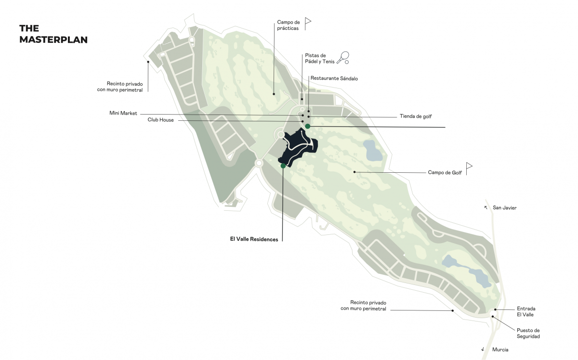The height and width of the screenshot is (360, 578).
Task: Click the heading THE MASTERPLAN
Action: pos(53,34)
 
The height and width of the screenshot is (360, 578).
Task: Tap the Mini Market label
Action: pos(123,113)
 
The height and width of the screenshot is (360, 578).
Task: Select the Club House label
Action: pos(160,120)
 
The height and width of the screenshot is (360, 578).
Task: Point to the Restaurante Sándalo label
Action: pos(334,78)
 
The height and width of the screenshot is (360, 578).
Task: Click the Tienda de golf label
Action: pos(416,116)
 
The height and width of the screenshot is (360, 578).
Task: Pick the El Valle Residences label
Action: pos(254,239)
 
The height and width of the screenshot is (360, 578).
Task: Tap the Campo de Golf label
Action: pos(445,172)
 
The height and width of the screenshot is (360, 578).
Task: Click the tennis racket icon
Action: pos(343,57)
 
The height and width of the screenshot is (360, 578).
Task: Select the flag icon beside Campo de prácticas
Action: pos(308,24)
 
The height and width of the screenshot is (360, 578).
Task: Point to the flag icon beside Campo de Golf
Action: pos(469,168)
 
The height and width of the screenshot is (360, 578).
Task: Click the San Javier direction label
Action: pos(504,208)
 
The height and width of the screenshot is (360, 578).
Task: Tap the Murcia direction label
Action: pos(500,350)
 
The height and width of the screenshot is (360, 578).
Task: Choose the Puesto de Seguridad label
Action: pos(528,334)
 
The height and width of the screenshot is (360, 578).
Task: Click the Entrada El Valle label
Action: pos(526,311)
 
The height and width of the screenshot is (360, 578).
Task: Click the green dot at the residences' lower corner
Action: pos(283,166)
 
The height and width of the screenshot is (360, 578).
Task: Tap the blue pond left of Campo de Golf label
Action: pos(372,151)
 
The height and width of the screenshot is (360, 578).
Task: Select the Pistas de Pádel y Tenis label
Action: pos(320,59)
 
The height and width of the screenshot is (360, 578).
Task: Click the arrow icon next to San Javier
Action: pos(486,207)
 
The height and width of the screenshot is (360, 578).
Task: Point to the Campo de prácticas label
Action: pos(288,26)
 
